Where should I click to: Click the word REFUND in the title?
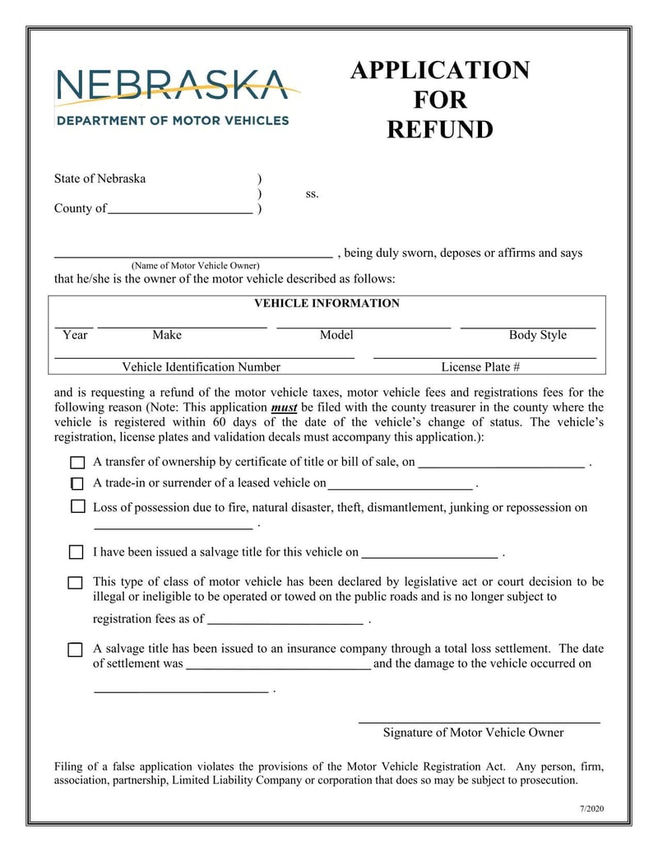coord(440,130)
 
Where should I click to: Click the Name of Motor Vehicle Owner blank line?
coord(193,256)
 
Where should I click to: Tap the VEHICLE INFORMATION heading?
coord(327,303)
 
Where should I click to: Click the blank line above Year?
coord(74,327)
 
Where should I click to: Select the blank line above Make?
coord(183,327)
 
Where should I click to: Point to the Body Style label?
coord(537,335)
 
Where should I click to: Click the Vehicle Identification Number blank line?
coord(204,357)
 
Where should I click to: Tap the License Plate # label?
coord(480,367)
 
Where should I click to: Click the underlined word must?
coord(284,407)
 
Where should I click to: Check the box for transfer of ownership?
coord(77,463)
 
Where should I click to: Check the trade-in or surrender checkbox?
coord(76,484)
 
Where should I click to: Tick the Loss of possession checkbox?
coord(77,507)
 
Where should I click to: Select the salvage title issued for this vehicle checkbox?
coord(76,552)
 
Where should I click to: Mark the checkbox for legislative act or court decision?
coord(75,583)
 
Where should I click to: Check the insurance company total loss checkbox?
coord(75,650)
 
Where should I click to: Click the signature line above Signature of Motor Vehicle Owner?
coord(479,722)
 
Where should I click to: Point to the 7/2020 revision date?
coord(591,809)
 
